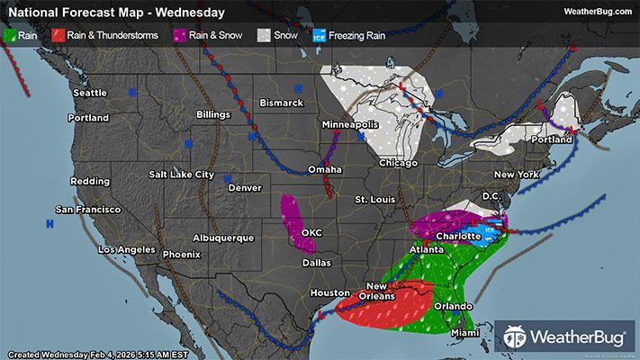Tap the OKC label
tap(311, 232)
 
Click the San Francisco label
tap(88, 209)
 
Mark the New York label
tap(517, 174)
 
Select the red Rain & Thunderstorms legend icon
tap(58, 36)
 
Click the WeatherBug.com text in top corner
tap(597, 12)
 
